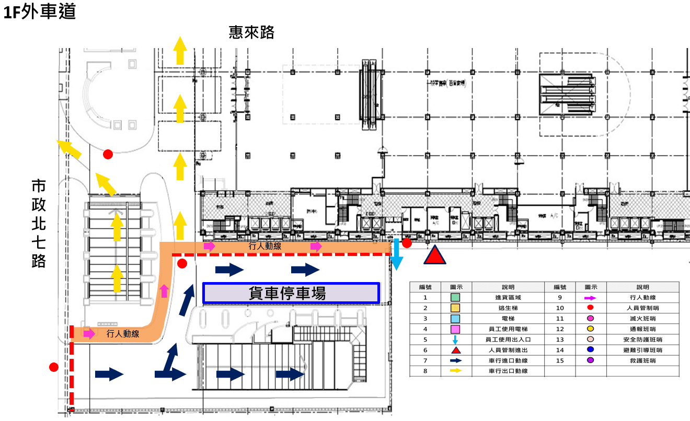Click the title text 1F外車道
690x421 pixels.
point(40,11)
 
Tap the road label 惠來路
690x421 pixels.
point(251,32)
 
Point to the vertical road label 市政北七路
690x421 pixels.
point(39,223)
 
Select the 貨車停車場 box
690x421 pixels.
point(291,293)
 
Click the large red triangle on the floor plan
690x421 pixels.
point(434,255)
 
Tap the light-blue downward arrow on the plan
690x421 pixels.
point(397,254)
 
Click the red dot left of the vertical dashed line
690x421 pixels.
point(53,367)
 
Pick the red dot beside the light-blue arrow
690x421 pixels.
point(407,243)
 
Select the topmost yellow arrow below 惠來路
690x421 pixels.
point(180,50)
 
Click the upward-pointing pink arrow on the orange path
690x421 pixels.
point(165,290)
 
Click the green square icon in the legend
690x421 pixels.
point(455,298)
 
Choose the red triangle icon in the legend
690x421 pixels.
point(455,350)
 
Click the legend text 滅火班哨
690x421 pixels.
point(643,319)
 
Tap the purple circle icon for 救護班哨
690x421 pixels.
point(590,360)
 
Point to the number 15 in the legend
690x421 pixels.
point(560,360)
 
